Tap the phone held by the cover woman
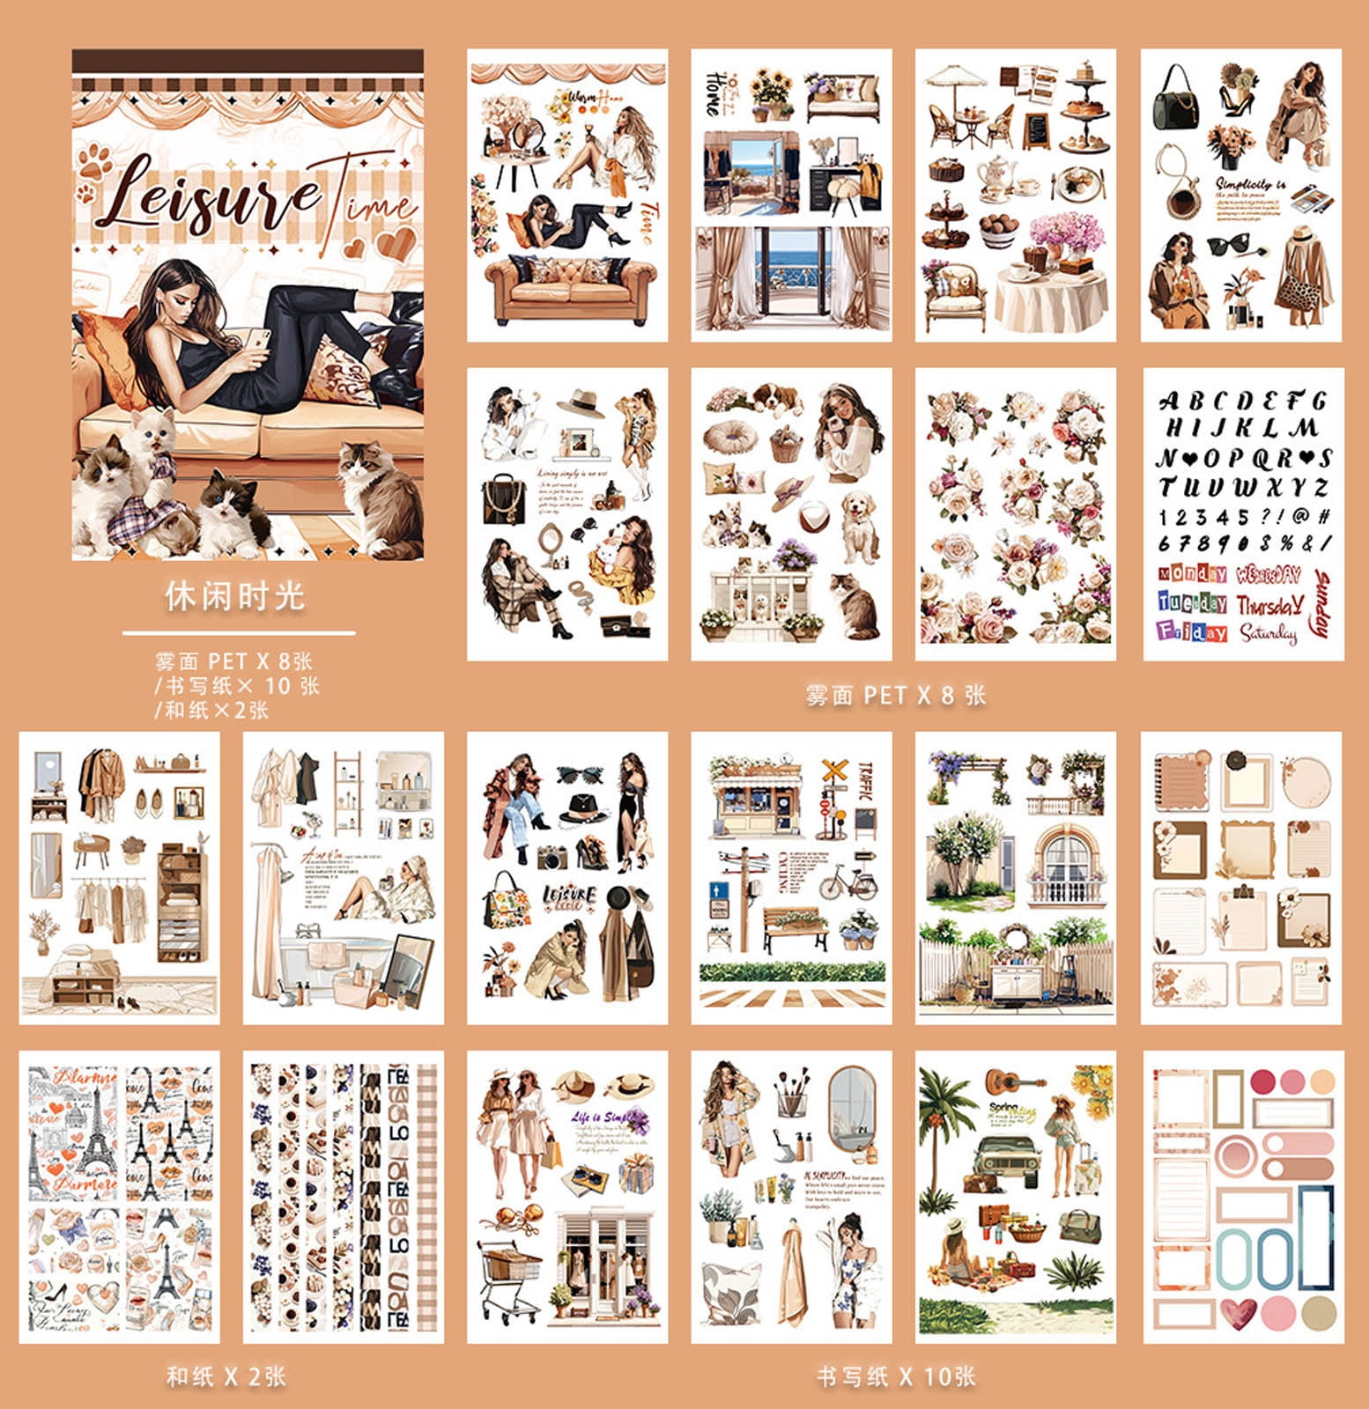[258, 339]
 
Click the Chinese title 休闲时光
[234, 596]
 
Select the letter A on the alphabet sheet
[1169, 402]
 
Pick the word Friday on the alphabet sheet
[1192, 631]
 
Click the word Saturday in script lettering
[1268, 632]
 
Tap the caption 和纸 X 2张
[226, 1376]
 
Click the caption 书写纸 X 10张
[895, 1376]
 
